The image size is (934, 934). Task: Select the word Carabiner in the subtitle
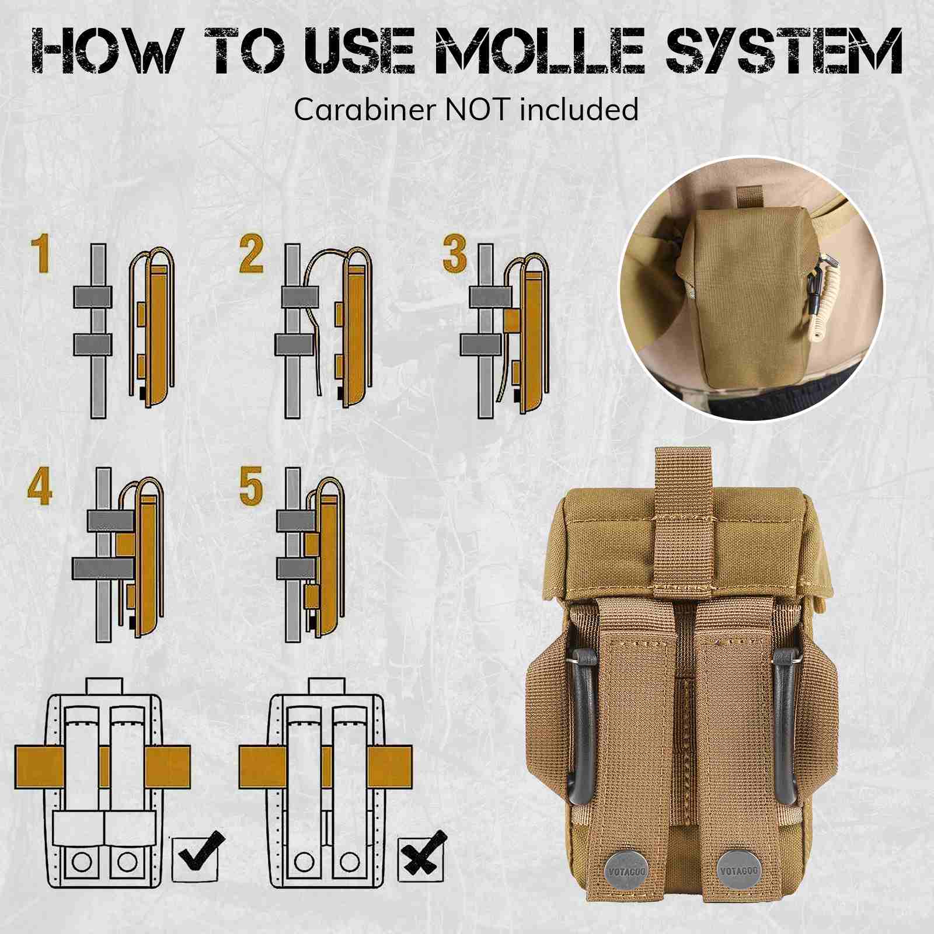[367, 110]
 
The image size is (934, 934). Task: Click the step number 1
[40, 254]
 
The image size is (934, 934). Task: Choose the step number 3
[455, 254]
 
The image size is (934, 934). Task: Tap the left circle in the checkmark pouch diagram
[82, 862]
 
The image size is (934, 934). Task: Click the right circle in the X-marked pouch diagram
[350, 862]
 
